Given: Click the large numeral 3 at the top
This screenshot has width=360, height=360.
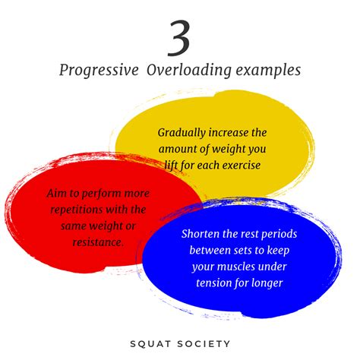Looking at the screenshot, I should click(180, 38).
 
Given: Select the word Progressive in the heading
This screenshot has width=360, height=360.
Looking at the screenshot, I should click(96, 70).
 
